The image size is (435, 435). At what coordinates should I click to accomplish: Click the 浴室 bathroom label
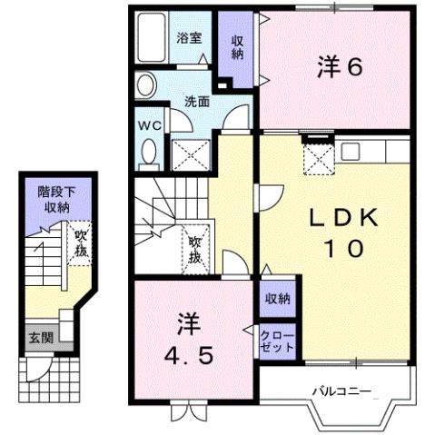tap(189, 39)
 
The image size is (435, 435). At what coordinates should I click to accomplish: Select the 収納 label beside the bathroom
tap(237, 47)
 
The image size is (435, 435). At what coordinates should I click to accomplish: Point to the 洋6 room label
tap(341, 66)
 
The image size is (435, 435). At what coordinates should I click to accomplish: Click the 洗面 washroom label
tap(199, 102)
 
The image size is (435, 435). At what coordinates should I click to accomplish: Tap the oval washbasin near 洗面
tap(146, 85)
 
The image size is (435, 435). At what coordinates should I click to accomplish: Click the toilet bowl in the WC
tap(150, 153)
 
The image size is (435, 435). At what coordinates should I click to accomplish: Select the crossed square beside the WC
tap(191, 155)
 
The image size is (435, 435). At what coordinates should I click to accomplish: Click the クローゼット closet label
tap(278, 341)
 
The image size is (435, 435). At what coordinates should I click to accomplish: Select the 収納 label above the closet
tap(277, 297)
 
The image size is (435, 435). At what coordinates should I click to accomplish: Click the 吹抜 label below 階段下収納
tap(81, 242)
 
